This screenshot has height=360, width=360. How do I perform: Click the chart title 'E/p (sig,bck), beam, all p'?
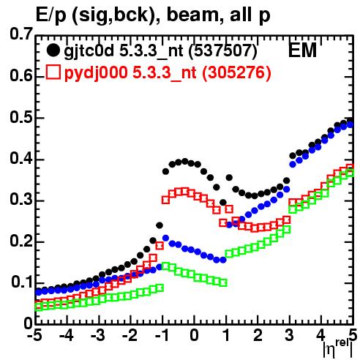(153, 15)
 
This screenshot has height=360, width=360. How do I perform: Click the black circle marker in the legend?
(53, 50)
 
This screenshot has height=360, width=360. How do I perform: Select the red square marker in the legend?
(53, 72)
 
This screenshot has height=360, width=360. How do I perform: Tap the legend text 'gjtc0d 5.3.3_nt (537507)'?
(160, 51)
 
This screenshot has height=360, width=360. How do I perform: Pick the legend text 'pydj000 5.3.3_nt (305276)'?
(168, 72)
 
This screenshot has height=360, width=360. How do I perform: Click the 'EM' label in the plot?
(302, 50)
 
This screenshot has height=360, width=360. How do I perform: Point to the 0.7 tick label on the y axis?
(21, 34)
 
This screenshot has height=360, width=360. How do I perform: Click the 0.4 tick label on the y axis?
(21, 159)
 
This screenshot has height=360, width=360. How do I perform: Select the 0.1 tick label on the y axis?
(22, 282)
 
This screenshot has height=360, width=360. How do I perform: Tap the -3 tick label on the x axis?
(98, 335)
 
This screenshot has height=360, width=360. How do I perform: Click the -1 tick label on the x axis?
(162, 335)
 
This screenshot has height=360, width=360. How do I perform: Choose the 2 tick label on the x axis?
(258, 335)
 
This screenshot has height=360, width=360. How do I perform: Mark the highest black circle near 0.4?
(185, 161)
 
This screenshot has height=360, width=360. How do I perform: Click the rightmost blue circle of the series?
(350, 124)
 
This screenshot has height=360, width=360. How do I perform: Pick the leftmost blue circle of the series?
(39, 292)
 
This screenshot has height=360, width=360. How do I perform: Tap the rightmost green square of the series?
(350, 173)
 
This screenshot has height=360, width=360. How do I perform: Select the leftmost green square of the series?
(39, 307)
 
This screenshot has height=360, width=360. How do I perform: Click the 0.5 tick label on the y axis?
(21, 117)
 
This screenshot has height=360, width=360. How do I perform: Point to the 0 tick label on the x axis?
(194, 335)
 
